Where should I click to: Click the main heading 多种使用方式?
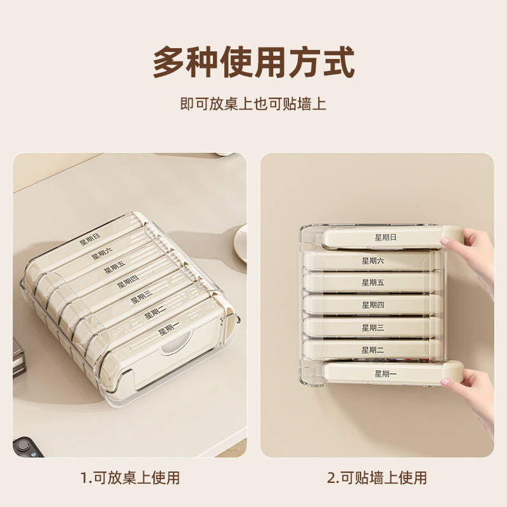pyautogui.click(x=253, y=61)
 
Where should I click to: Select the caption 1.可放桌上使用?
pyautogui.click(x=130, y=477)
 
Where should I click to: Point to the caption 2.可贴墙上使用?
pyautogui.click(x=377, y=477)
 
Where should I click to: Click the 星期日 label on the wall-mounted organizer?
pyautogui.click(x=385, y=238)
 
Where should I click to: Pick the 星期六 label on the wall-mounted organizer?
pyautogui.click(x=373, y=260)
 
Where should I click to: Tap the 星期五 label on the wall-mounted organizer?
pyautogui.click(x=373, y=283)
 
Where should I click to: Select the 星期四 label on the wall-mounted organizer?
pyautogui.click(x=373, y=305)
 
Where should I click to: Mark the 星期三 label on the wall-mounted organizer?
pyautogui.click(x=373, y=328)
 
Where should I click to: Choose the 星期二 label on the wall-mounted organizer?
pyautogui.click(x=373, y=350)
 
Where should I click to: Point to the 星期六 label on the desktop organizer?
pyautogui.click(x=101, y=253)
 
